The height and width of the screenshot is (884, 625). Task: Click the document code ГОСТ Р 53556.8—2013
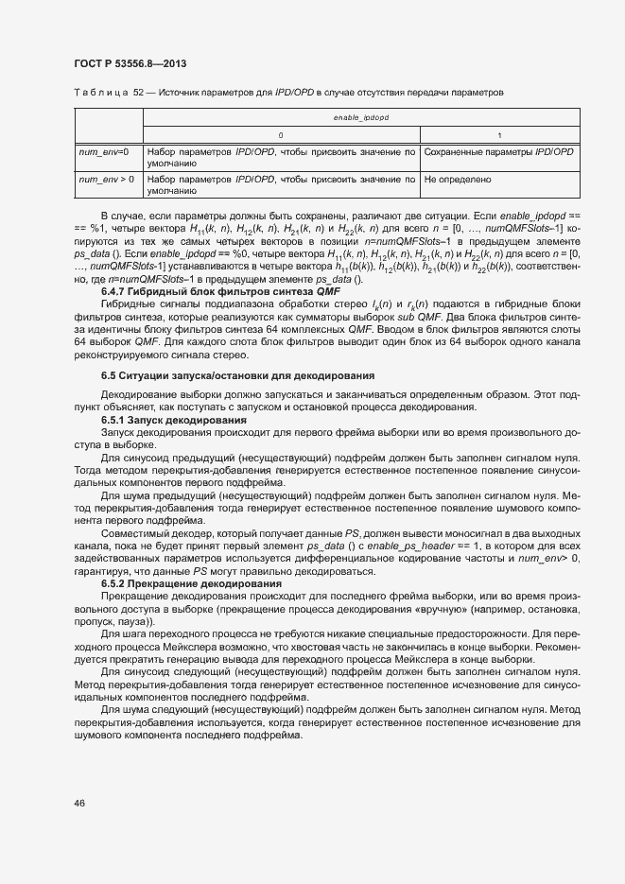[129, 63]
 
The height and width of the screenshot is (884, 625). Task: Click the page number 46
[79, 804]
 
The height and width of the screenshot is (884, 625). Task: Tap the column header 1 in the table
[499, 134]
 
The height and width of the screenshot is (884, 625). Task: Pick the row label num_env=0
[104, 151]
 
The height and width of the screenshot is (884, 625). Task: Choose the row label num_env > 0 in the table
[106, 178]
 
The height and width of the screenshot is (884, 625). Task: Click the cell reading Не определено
[459, 178]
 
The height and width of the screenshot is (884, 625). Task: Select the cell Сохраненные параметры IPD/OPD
[498, 151]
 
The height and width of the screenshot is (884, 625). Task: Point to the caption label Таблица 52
[100, 93]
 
